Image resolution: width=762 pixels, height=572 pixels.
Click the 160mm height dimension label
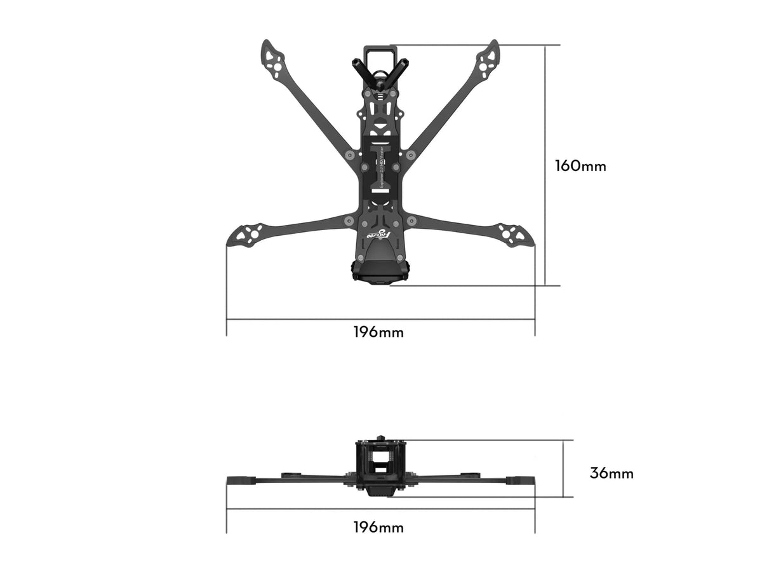click(x=580, y=167)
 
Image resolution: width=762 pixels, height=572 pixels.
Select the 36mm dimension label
click(x=611, y=473)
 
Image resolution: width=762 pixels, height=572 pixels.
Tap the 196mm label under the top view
click(x=378, y=332)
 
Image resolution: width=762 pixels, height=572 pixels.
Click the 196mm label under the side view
click(x=378, y=528)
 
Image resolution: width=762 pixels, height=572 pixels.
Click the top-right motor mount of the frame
click(x=488, y=59)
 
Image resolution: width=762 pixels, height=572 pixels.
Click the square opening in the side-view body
click(x=381, y=458)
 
